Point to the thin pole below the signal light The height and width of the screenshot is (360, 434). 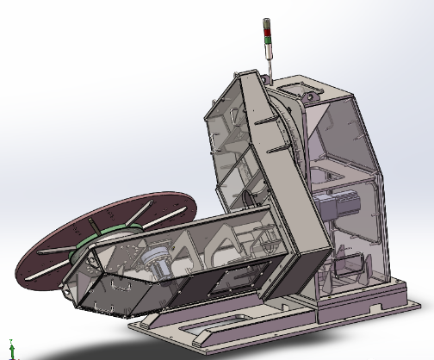[266, 64]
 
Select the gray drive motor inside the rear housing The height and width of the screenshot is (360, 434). [332, 207]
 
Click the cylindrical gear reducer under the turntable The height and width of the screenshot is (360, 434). [158, 259]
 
